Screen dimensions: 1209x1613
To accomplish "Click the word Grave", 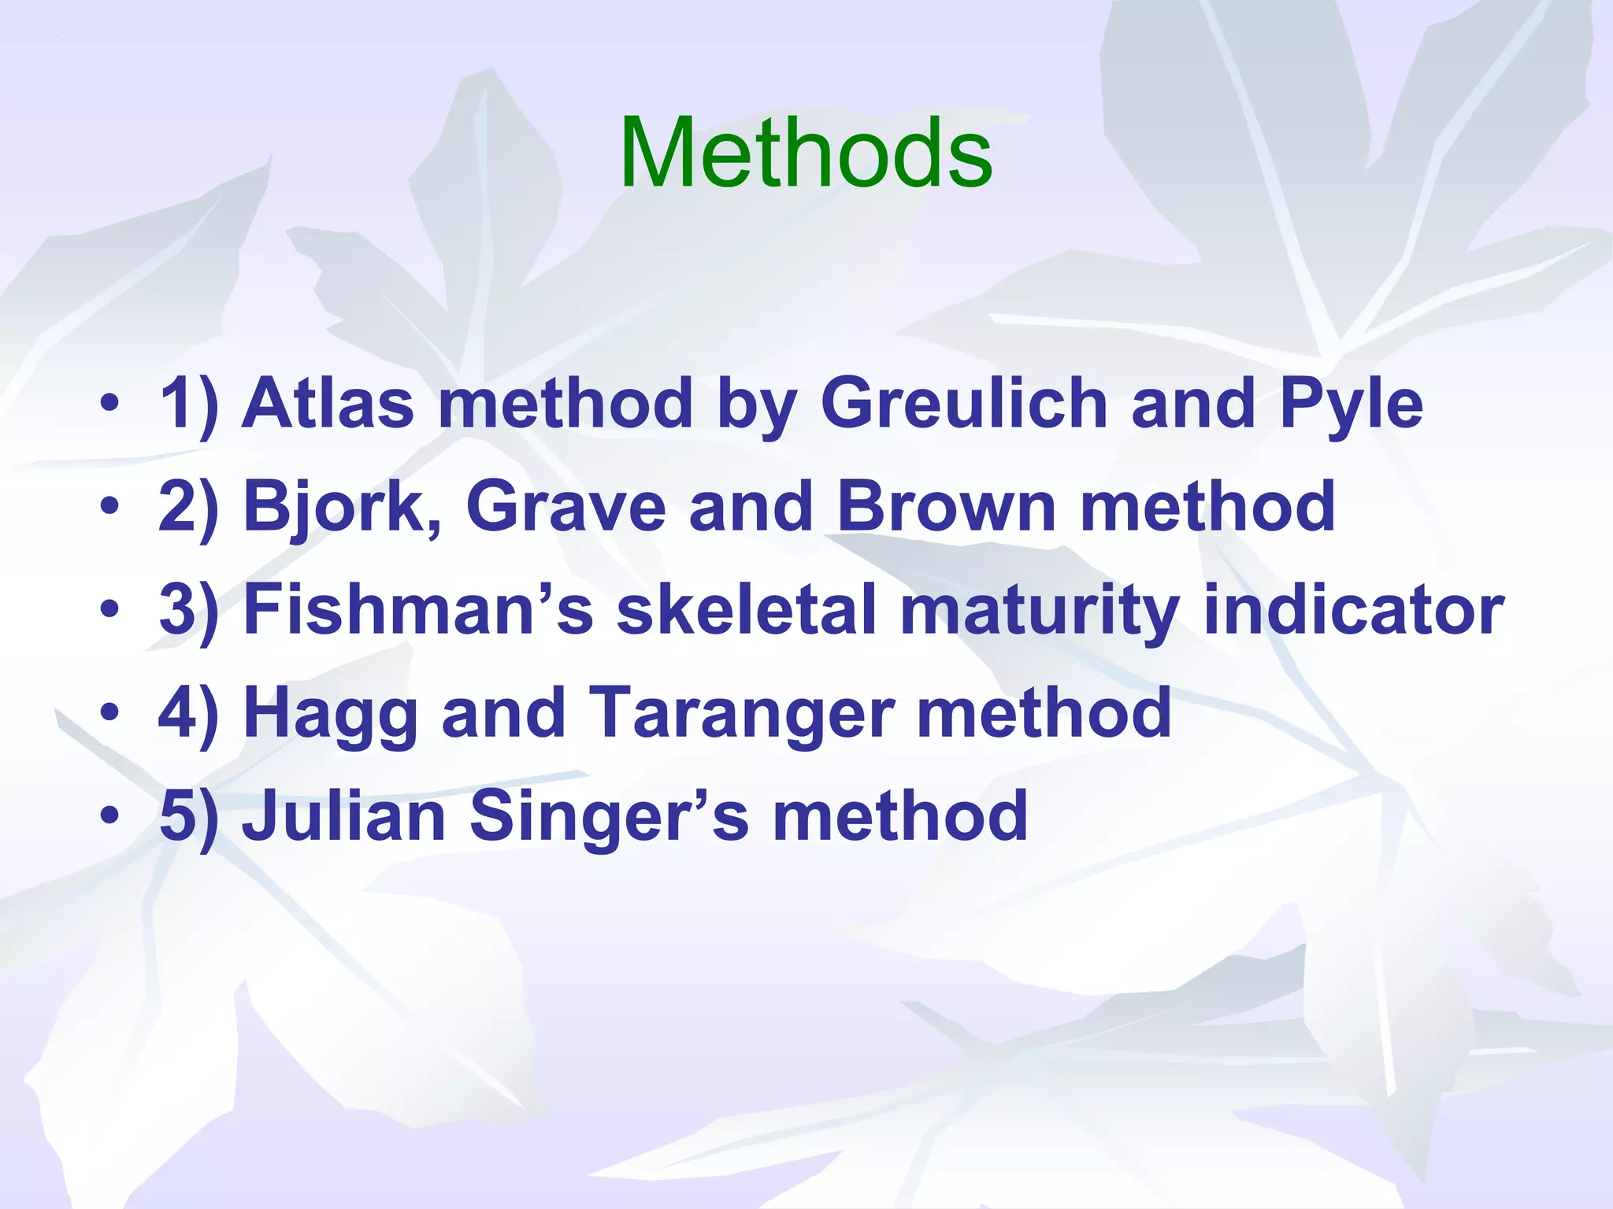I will (x=565, y=507).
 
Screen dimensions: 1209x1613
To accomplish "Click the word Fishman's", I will (x=417, y=610).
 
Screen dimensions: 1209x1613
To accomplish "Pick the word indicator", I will (x=1354, y=610).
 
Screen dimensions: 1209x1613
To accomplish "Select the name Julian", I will (x=343, y=817).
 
